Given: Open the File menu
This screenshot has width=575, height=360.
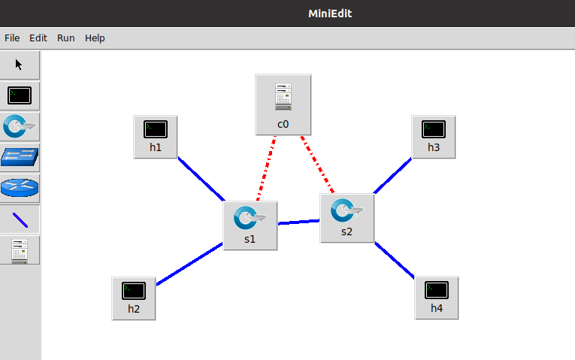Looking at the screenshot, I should point(12,38).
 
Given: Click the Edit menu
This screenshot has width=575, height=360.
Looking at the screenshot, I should point(38,38).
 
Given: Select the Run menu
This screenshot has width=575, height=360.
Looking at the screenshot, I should point(66,38).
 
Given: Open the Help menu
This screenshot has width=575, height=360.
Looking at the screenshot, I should point(95,38).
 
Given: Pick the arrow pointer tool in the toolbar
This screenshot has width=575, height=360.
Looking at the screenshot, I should point(20,65).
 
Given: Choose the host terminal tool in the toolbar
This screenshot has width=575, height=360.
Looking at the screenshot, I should point(20,95).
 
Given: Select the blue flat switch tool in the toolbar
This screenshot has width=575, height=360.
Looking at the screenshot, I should point(20,157).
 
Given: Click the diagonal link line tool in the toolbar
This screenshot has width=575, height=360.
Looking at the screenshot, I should point(20,219).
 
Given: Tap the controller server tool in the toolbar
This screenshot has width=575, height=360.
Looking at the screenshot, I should point(20,250).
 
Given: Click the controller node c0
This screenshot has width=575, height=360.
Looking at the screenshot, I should point(283,104).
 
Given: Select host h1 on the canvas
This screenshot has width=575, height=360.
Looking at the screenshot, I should point(156,136).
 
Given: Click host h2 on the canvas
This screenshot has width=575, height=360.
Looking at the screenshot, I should point(134,298).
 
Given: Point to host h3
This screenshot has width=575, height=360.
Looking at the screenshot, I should point(434,136).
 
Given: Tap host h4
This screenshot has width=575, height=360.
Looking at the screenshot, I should point(437,297).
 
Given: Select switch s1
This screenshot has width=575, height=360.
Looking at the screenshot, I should point(250,225).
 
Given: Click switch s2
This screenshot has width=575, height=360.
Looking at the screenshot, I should point(347,217).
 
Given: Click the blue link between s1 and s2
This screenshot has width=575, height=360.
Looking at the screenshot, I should point(299,222).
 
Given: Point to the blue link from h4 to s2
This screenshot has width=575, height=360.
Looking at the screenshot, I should point(395,260).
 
